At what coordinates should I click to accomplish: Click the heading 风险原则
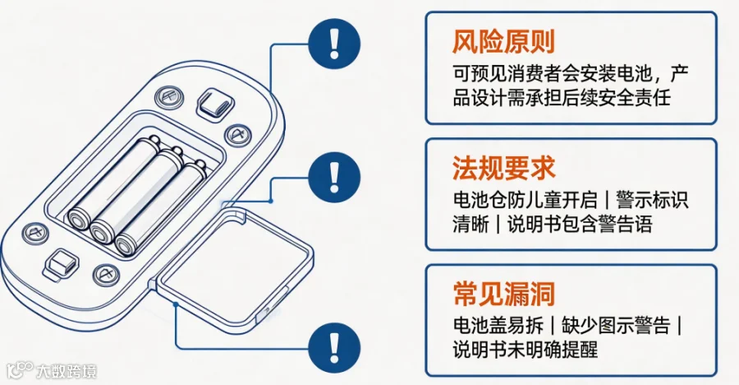click(x=503, y=42)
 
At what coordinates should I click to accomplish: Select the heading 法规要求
click(x=504, y=168)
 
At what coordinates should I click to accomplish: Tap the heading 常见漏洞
click(x=504, y=294)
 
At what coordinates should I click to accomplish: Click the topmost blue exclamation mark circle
click(x=334, y=44)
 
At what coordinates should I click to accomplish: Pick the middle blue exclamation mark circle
click(x=334, y=177)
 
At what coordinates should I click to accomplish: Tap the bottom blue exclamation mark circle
click(x=334, y=348)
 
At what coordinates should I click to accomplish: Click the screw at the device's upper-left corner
click(x=169, y=97)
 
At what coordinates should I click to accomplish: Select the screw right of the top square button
click(x=237, y=135)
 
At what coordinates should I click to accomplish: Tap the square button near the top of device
click(x=215, y=103)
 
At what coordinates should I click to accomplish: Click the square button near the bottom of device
click(x=60, y=263)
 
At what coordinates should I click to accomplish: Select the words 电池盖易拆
click(x=498, y=326)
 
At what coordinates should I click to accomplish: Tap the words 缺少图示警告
click(x=616, y=326)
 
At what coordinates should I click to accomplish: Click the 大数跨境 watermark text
click(x=67, y=371)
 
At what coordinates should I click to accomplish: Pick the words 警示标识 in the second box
click(x=652, y=200)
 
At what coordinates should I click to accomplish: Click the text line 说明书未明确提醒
click(x=525, y=350)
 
